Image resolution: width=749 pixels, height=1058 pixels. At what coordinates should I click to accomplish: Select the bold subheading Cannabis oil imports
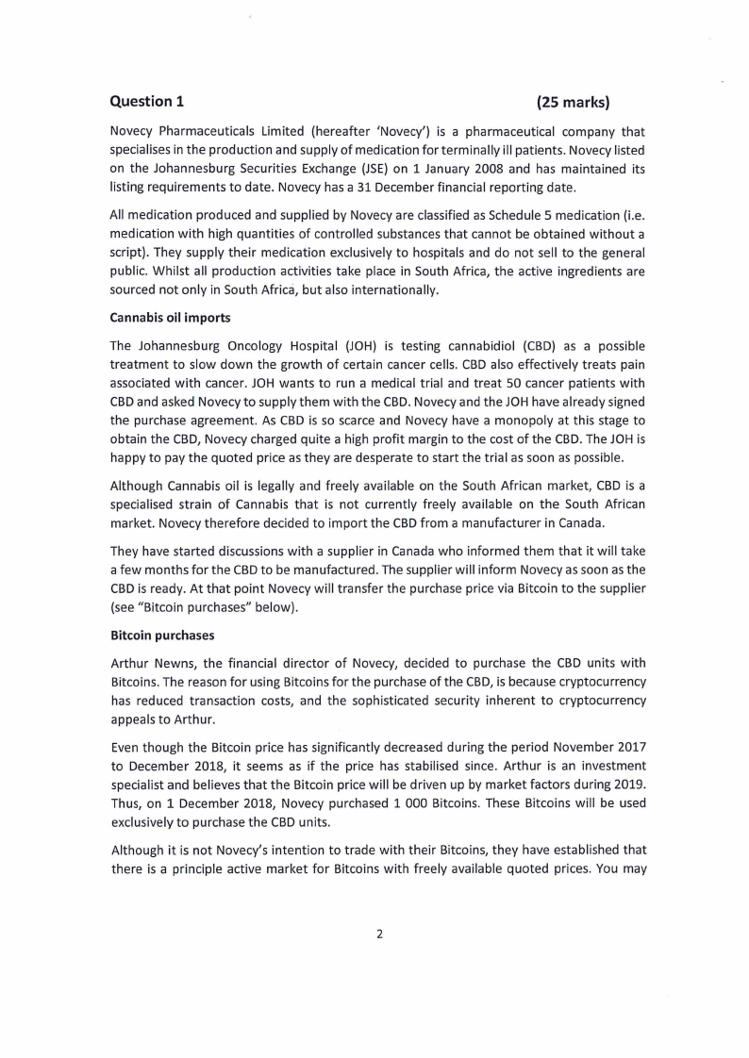(x=170, y=317)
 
